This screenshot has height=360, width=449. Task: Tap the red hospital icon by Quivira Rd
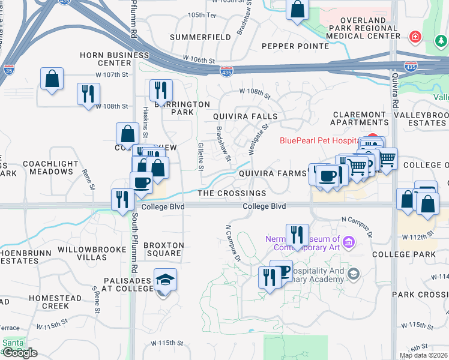tap(415, 37)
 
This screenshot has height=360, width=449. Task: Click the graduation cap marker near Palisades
tap(165, 280)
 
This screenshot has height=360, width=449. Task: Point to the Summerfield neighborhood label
tap(200, 37)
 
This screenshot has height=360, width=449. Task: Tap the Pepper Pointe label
tap(295, 46)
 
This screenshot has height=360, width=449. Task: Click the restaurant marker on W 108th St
tap(88, 94)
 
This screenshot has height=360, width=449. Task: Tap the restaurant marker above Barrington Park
tap(161, 91)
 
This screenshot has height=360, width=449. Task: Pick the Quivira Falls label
tap(246, 116)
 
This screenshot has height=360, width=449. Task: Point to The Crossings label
tap(232, 193)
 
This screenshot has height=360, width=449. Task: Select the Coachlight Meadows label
tap(50, 167)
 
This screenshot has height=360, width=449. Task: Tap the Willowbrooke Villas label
tap(82, 253)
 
